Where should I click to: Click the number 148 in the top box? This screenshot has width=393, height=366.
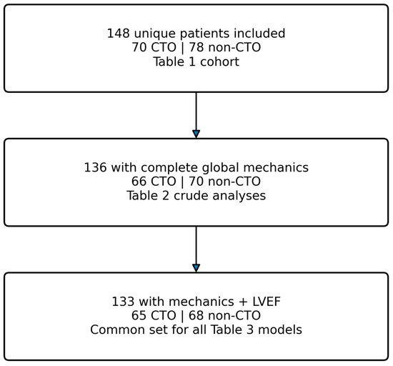[119, 34]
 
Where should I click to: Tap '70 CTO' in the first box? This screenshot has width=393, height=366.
[154, 47]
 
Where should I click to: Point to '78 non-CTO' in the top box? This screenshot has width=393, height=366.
[224, 47]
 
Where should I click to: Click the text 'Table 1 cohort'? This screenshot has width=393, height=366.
[196, 61]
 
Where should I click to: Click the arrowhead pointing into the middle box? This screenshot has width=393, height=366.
[196, 134]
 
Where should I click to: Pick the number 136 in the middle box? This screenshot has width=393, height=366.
[95, 167]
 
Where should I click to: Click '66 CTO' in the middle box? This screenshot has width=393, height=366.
[154, 182]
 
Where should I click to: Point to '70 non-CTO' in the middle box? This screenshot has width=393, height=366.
[224, 182]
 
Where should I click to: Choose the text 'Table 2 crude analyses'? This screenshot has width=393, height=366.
[196, 196]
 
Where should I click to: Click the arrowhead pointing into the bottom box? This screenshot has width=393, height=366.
[196, 268]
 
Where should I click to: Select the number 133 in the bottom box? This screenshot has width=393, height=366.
[123, 302]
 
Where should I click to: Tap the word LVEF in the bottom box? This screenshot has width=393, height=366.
[267, 302]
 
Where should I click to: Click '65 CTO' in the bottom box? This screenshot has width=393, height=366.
[154, 316]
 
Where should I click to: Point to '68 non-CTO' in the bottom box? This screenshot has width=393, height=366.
[224, 316]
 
